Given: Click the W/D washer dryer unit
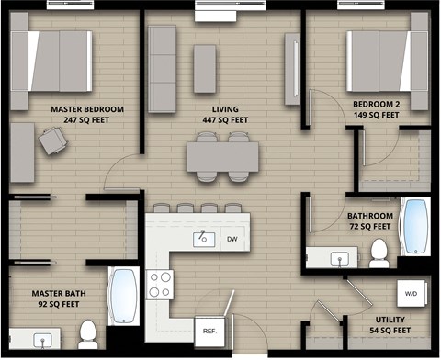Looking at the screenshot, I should (410, 295).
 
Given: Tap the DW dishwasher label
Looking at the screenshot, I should (232, 240).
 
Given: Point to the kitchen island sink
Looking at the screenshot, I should (203, 240).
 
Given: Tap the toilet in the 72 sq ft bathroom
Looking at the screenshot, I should (378, 251).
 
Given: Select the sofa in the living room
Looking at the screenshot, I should (162, 68).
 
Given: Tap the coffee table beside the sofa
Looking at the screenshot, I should (205, 69).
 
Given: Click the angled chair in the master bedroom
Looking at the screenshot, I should (51, 141).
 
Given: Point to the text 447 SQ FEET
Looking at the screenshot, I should (225, 119).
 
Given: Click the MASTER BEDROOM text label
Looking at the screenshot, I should (88, 108).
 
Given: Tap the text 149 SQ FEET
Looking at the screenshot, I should (376, 116).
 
